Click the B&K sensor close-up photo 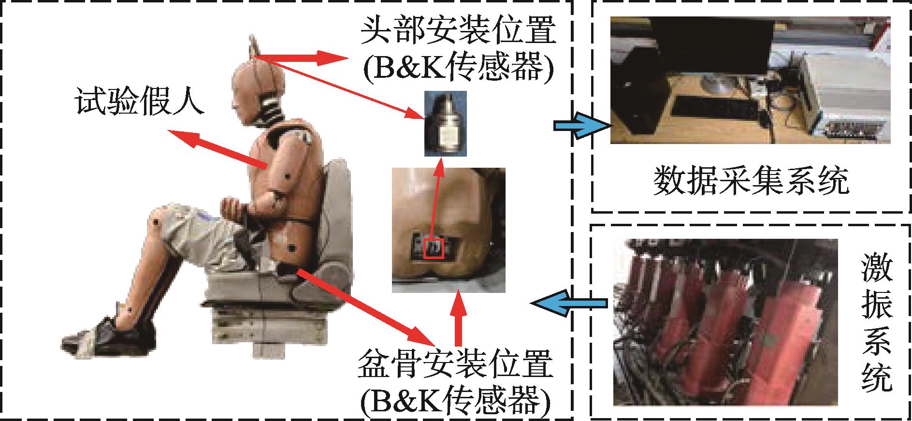(x=446, y=124)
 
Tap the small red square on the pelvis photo (x=433, y=249)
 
